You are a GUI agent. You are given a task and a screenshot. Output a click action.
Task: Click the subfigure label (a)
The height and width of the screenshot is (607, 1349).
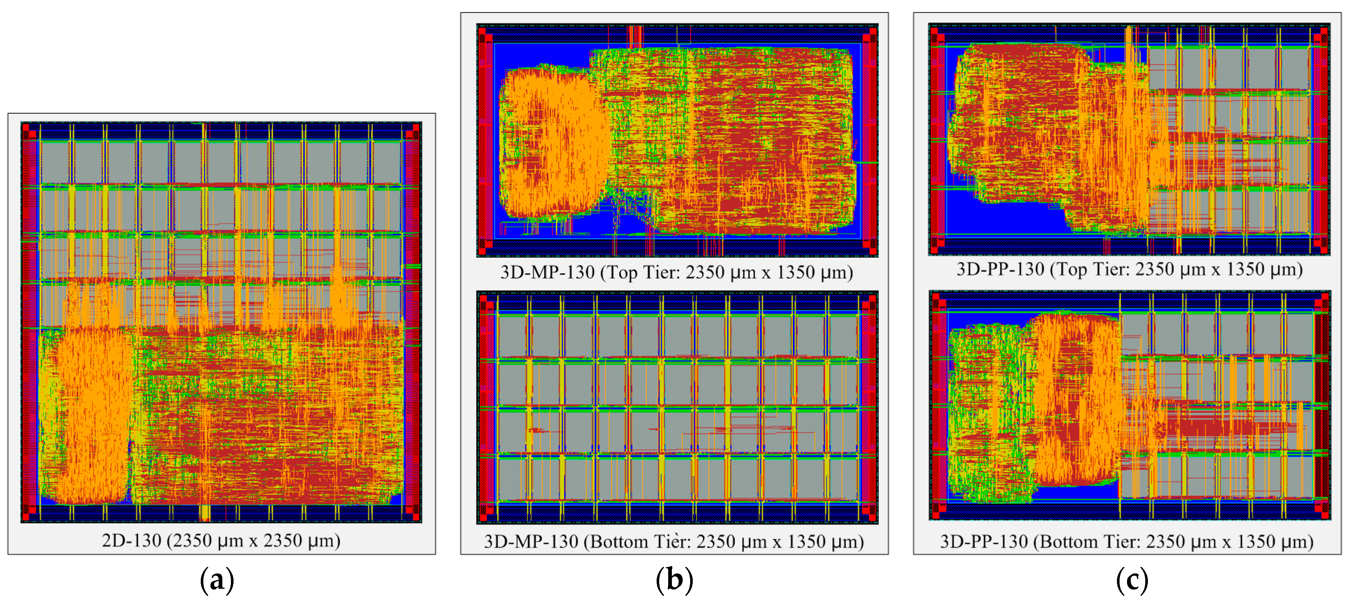217,580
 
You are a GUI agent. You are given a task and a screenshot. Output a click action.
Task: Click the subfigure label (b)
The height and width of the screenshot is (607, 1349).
674,580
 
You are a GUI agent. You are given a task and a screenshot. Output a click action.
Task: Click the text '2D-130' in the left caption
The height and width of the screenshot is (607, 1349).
131,540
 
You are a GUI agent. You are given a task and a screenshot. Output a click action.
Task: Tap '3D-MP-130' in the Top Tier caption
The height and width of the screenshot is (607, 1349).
547,272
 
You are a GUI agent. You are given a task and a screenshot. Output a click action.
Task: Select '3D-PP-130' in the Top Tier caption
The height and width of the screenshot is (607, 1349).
1000,269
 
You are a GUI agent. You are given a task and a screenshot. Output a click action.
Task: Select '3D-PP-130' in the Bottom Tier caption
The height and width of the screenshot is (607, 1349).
984,541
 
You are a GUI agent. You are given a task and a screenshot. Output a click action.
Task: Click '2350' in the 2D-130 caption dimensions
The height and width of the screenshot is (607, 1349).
192,540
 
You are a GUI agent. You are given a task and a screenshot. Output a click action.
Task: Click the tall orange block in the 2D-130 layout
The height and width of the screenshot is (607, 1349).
94,414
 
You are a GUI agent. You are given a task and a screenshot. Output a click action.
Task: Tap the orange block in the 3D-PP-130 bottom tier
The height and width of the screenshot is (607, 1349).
1073,398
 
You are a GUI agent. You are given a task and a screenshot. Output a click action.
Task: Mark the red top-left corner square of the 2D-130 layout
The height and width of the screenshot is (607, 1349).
26,128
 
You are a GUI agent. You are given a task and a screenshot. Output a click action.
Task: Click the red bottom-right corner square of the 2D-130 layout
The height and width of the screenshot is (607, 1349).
416,517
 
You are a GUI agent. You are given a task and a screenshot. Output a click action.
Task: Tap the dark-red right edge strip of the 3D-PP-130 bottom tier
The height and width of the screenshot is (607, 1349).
1322,406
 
